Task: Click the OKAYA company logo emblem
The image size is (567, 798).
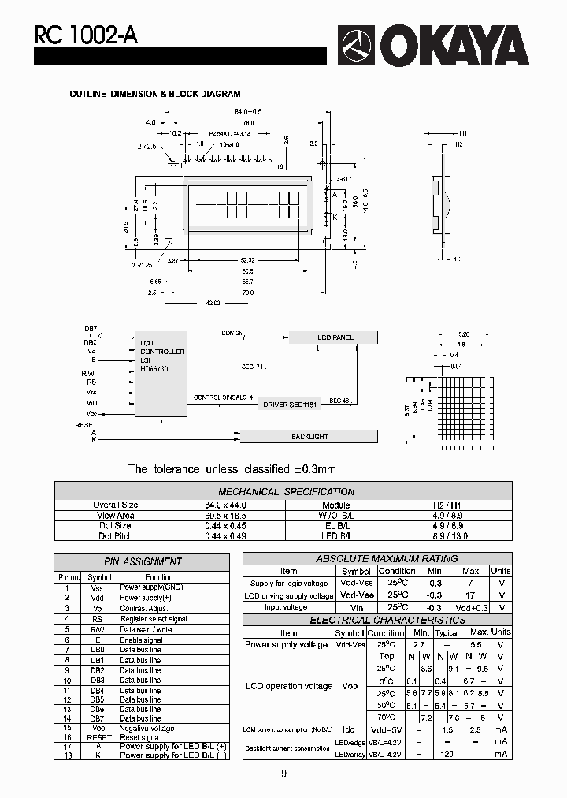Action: coord(359,45)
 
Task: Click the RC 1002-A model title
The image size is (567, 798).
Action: coord(75,35)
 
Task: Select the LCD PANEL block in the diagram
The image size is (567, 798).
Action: coord(335,337)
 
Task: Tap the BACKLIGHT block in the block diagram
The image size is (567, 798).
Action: coord(309,436)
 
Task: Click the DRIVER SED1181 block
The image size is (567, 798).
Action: coord(289,404)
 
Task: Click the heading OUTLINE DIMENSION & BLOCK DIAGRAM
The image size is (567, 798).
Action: coord(155,94)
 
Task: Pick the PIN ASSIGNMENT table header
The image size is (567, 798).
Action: coord(143,561)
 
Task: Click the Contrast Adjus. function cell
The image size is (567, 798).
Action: coord(144,609)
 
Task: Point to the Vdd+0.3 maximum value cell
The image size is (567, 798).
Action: coord(471,608)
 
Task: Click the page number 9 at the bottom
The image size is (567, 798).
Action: coord(283,774)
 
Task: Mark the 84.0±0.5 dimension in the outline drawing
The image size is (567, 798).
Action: coord(246,112)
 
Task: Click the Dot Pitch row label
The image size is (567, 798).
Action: coord(116,535)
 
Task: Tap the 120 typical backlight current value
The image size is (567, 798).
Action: coord(447,755)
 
